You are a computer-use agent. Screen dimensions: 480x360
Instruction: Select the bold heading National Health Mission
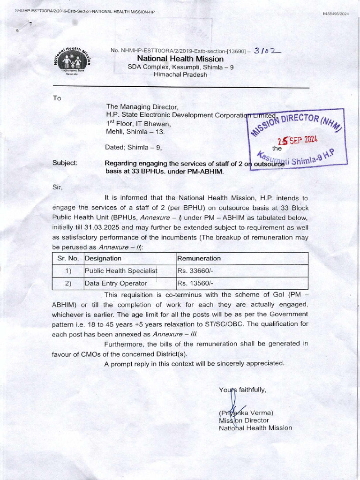(180, 59)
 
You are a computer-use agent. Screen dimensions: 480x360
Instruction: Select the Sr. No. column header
(67, 258)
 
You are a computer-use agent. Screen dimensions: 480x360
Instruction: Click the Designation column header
(103, 258)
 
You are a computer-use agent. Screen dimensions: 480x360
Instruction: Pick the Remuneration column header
(199, 258)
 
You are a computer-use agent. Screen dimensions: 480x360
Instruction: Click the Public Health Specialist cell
(120, 270)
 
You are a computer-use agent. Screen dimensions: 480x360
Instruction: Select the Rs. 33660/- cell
(195, 270)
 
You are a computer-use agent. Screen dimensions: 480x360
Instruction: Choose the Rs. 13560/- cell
(195, 283)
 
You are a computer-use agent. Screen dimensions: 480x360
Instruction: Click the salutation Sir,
(57, 187)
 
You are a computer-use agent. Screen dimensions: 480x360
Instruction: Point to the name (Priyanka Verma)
(246, 413)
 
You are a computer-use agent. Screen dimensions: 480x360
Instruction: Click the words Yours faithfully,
(242, 390)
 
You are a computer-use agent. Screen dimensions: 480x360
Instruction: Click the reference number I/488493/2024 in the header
(336, 14)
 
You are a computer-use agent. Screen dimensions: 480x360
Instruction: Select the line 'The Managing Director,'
(142, 107)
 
